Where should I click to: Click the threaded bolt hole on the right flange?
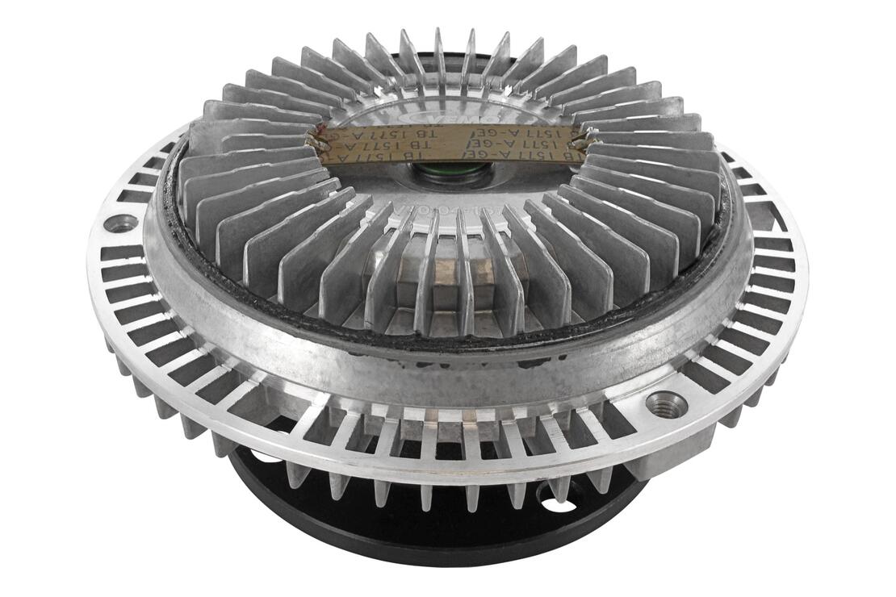click(x=668, y=401)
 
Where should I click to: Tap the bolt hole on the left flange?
click(x=121, y=223)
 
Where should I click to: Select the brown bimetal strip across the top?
click(x=448, y=143)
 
